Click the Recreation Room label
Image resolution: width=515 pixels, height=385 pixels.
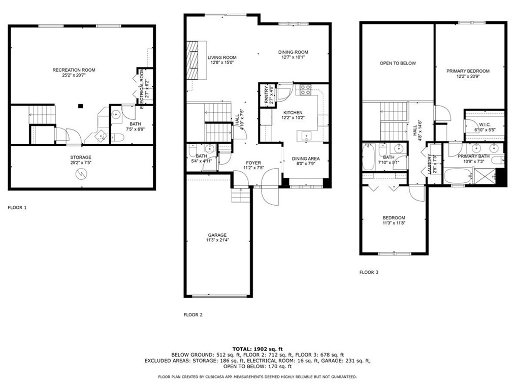point(74,70)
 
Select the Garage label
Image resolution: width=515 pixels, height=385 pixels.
point(217,235)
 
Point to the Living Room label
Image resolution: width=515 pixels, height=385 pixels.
point(222,57)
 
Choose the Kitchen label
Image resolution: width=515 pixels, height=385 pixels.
point(293,113)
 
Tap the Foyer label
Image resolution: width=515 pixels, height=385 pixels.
point(254,163)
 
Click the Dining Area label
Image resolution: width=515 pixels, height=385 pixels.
point(306,158)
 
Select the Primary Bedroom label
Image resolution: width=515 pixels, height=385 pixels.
point(468,71)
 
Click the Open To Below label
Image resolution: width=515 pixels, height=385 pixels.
point(398,63)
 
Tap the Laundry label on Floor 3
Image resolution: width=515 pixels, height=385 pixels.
point(429,164)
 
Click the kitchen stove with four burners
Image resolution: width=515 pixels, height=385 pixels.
point(306,90)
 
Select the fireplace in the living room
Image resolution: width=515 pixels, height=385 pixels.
point(192,60)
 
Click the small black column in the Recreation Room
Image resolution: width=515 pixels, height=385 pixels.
point(80,106)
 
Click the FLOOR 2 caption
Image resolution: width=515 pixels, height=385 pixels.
point(193,315)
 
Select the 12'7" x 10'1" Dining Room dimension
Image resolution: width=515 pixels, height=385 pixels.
point(293,57)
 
